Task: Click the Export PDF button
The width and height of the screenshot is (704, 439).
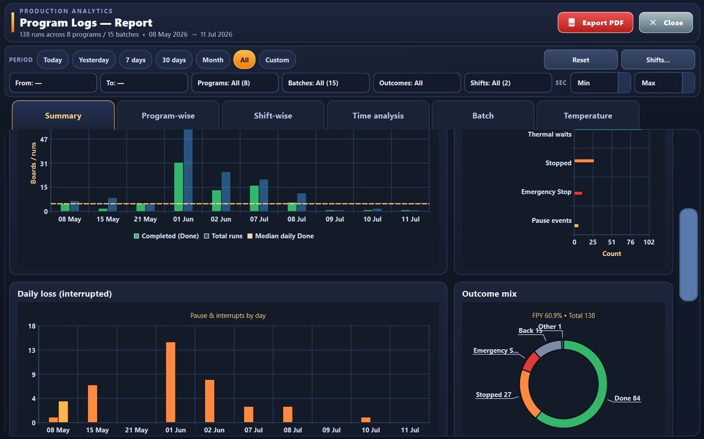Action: (595, 23)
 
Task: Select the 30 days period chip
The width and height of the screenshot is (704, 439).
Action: (174, 60)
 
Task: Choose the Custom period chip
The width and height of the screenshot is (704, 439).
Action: (277, 60)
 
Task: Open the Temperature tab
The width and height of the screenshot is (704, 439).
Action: (588, 116)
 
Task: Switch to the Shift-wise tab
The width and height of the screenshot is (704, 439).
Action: (273, 116)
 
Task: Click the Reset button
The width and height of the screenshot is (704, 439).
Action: (581, 60)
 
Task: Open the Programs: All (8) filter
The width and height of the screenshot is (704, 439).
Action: (235, 83)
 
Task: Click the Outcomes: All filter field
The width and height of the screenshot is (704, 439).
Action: (417, 83)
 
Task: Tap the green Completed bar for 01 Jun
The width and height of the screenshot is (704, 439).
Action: (179, 187)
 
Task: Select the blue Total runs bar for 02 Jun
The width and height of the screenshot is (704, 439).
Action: (226, 191)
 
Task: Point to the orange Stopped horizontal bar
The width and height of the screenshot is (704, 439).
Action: (584, 161)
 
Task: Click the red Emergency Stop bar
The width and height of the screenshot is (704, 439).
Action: (578, 193)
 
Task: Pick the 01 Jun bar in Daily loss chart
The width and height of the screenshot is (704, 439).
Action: (171, 382)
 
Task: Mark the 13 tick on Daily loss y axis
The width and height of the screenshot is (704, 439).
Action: (32, 350)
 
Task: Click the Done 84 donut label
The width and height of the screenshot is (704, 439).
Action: (627, 398)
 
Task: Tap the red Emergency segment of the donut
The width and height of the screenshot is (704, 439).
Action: (530, 362)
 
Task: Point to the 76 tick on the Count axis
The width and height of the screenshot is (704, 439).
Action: (630, 242)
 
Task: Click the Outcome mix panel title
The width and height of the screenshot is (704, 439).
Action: (489, 294)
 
